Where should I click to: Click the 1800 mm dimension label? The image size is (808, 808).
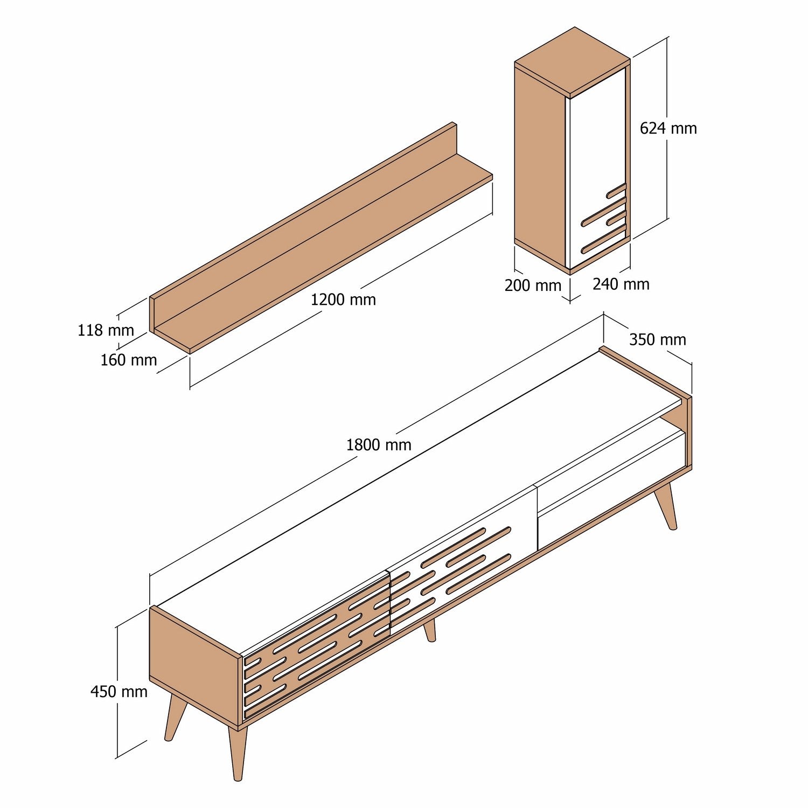click(x=378, y=445)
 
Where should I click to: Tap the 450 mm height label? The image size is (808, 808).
click(x=119, y=692)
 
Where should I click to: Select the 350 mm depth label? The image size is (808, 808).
click(x=657, y=340)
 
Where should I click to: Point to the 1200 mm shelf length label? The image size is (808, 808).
click(x=343, y=299)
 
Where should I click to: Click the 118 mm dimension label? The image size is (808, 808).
click(x=106, y=330)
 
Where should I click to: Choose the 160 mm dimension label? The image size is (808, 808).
click(x=128, y=360)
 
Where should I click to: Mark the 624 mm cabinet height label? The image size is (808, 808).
click(x=668, y=128)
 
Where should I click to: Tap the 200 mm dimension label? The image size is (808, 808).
click(x=533, y=285)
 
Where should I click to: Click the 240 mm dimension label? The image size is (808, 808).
click(x=621, y=284)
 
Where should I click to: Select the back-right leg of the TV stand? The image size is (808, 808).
click(x=666, y=506)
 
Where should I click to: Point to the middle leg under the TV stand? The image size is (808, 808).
click(x=429, y=631)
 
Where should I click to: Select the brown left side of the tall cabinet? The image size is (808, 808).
click(x=539, y=162)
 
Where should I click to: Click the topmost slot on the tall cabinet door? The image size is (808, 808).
click(x=616, y=190)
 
